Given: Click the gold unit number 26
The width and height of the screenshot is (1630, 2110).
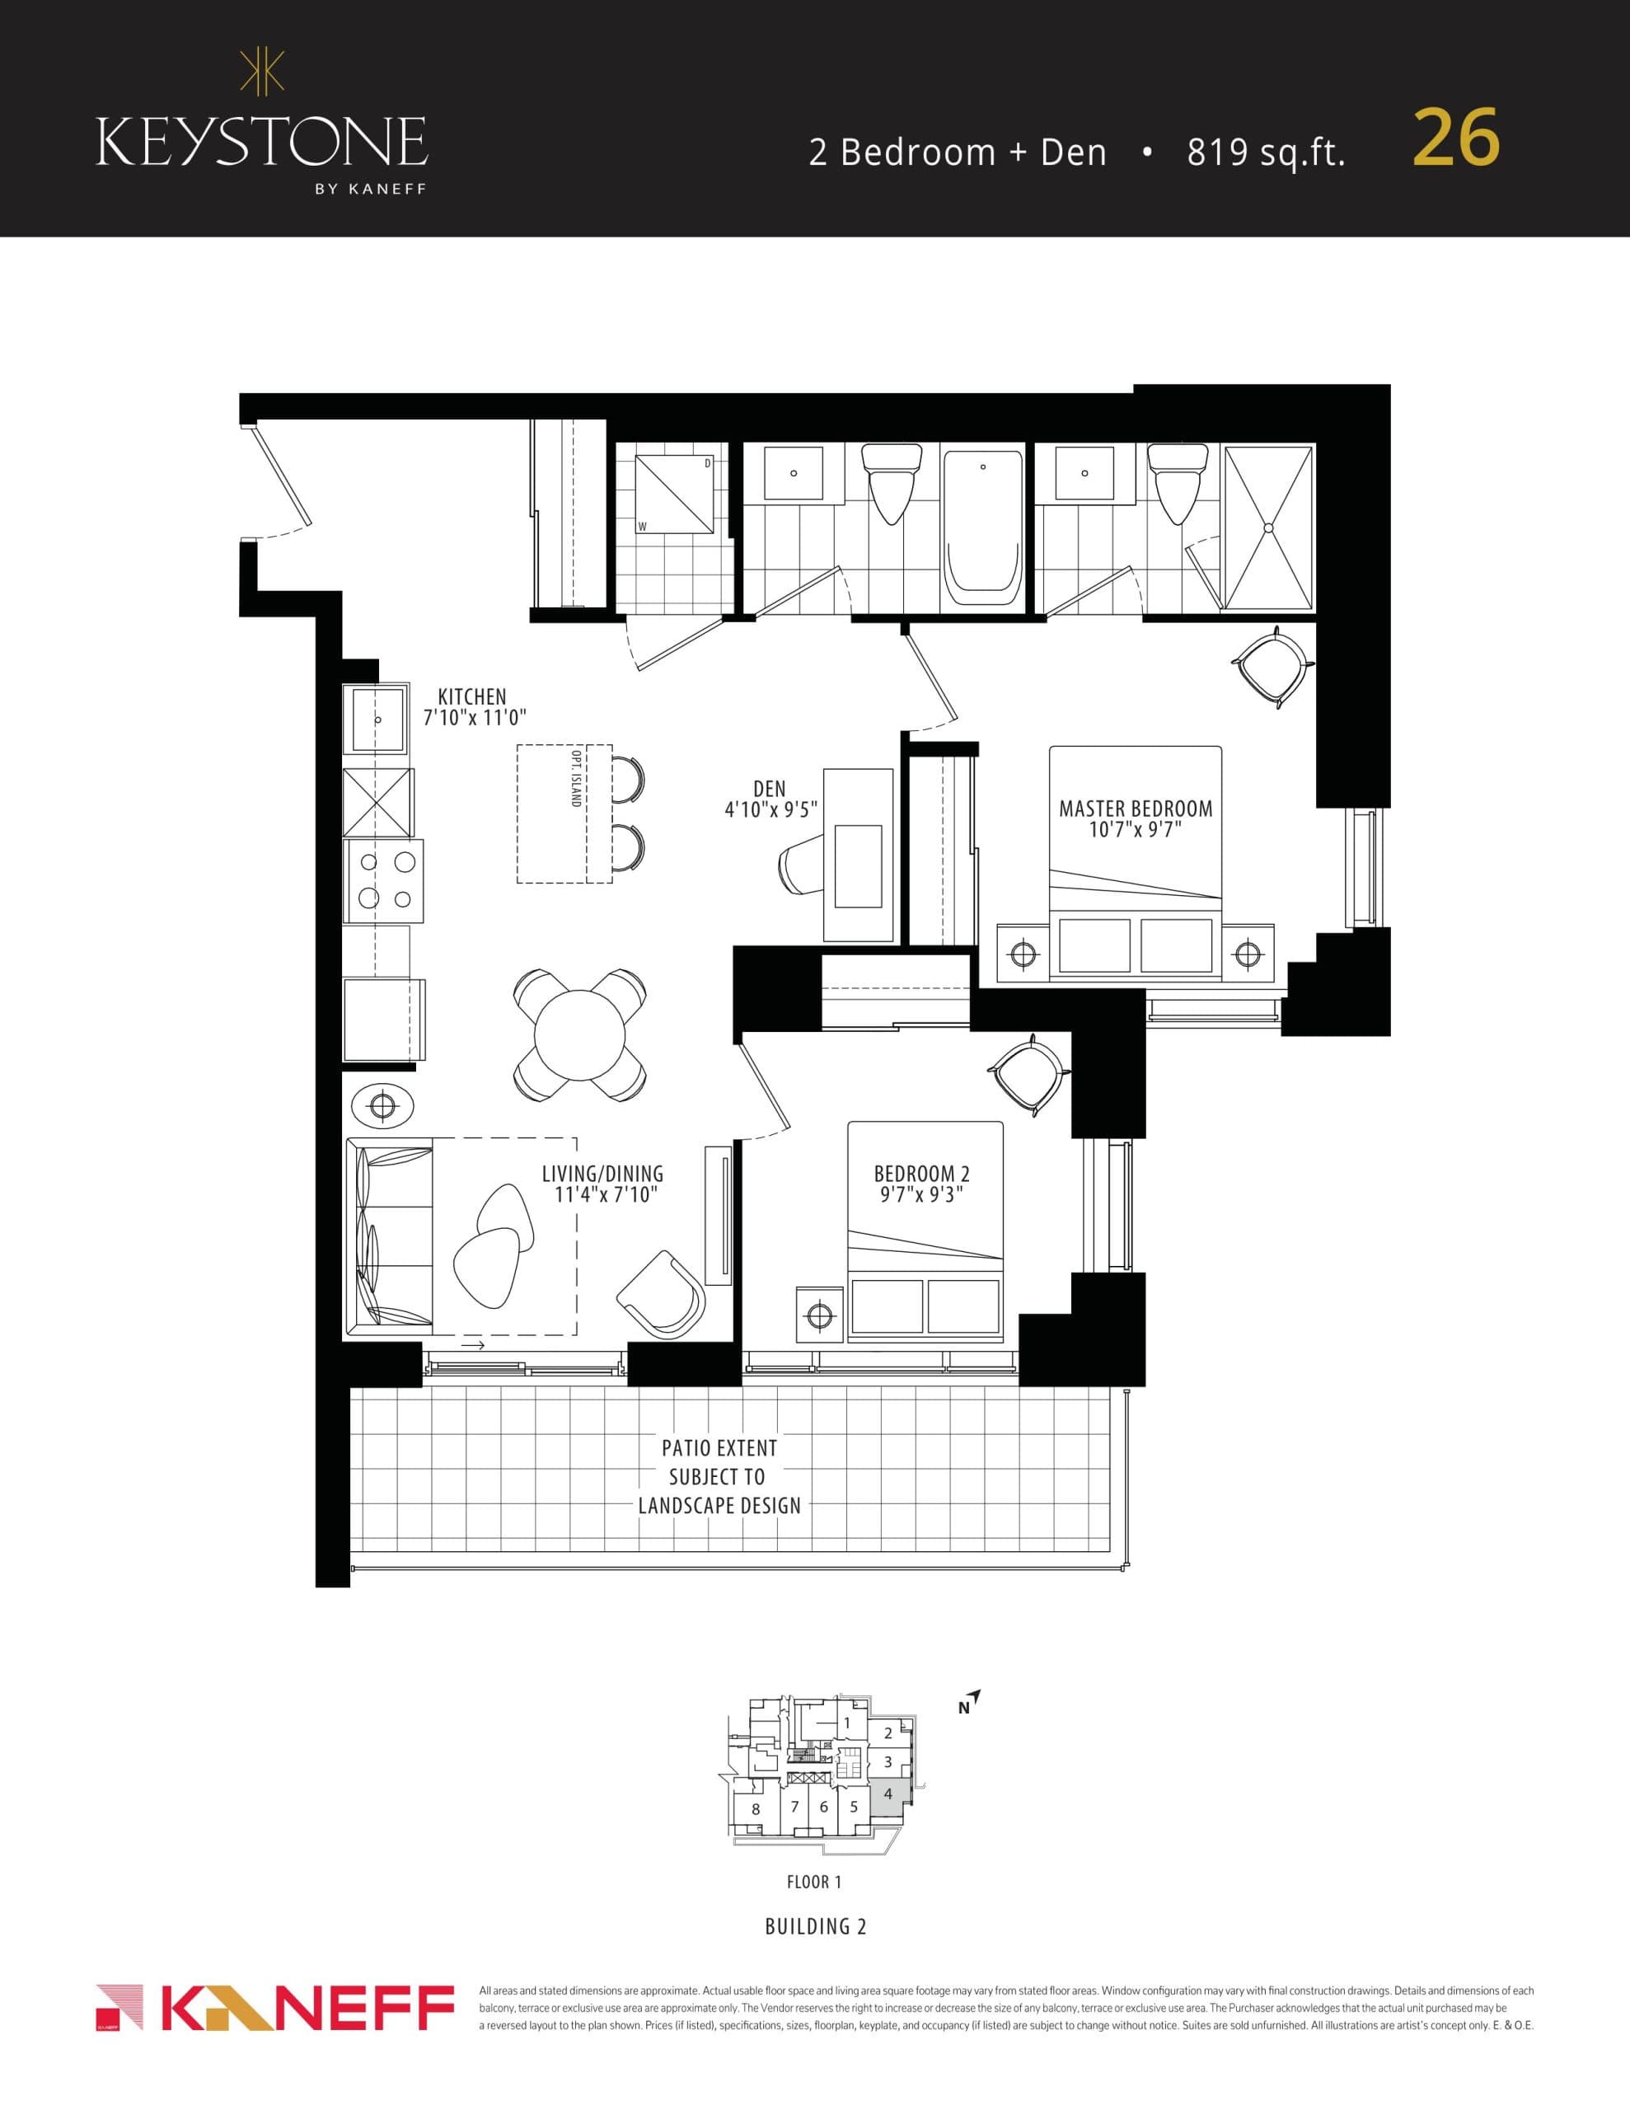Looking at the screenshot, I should (x=1455, y=139).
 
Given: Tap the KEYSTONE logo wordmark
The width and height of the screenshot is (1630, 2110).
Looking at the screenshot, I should (x=262, y=141).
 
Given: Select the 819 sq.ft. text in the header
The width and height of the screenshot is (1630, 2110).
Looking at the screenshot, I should (x=1266, y=152).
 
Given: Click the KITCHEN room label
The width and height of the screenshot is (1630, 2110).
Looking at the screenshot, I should (x=471, y=696).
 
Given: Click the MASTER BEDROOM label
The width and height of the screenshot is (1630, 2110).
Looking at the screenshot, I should (x=1136, y=809).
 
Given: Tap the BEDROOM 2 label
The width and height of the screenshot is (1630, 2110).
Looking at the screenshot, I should (x=922, y=1174).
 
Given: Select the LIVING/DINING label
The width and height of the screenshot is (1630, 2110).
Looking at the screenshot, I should (x=602, y=1174).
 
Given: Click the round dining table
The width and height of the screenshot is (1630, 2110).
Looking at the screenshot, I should (x=579, y=1034).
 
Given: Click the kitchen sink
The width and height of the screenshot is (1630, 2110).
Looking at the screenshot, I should (x=377, y=720).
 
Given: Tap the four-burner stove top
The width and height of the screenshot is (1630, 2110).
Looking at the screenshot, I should (x=383, y=880).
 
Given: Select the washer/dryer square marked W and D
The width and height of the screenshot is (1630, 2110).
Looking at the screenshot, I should (x=674, y=494).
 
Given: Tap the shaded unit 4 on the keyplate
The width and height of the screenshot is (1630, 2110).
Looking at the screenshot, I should (x=889, y=1794).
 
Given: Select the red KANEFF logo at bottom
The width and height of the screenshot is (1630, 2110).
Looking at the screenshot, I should (x=276, y=2009).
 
